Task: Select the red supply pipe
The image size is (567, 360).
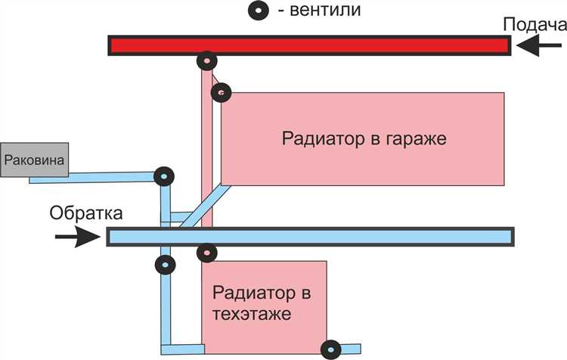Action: (x=340, y=45)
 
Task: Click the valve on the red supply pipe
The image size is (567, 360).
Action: (x=206, y=61)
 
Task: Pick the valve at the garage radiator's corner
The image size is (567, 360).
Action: (x=221, y=93)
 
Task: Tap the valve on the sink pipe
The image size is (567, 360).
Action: (x=163, y=176)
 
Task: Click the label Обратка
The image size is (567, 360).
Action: (x=85, y=213)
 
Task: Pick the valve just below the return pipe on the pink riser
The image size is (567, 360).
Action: (x=206, y=252)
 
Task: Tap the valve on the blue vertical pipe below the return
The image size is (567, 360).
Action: (x=165, y=265)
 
